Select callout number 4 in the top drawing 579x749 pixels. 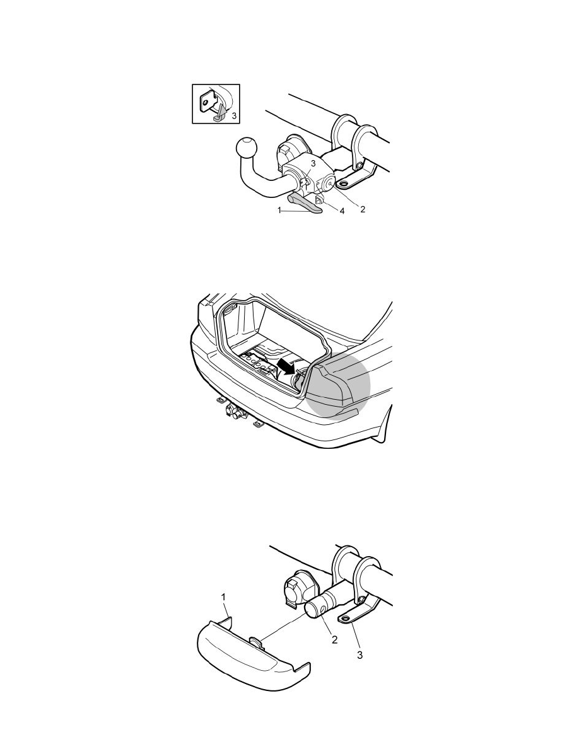(342, 211)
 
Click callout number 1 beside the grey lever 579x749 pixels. (279, 210)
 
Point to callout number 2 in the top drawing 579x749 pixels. (363, 209)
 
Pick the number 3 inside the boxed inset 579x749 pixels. (233, 115)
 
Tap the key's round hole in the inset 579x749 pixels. (205, 102)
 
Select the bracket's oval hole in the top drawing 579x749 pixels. (344, 183)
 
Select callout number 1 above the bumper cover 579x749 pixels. (223, 596)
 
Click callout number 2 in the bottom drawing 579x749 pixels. (334, 639)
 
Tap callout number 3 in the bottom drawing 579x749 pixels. (360, 656)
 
